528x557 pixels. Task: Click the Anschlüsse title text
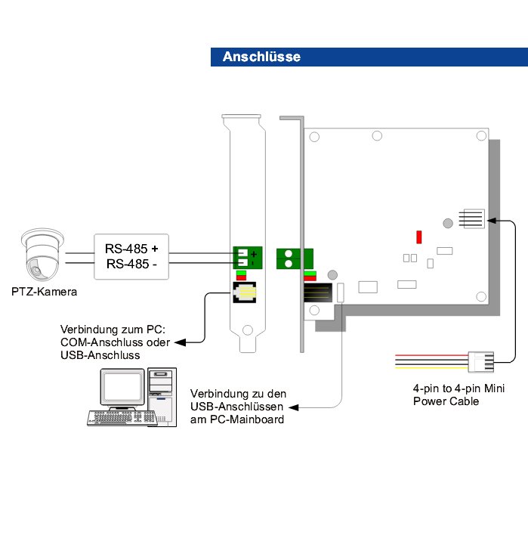[x=261, y=57]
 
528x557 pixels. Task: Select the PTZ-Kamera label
[x=44, y=290]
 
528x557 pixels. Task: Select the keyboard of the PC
[x=116, y=416]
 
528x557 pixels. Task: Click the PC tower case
[x=162, y=396]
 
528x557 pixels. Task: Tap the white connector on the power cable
[x=480, y=361]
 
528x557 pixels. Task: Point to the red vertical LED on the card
[x=418, y=237]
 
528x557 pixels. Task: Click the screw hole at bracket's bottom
[x=246, y=330]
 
